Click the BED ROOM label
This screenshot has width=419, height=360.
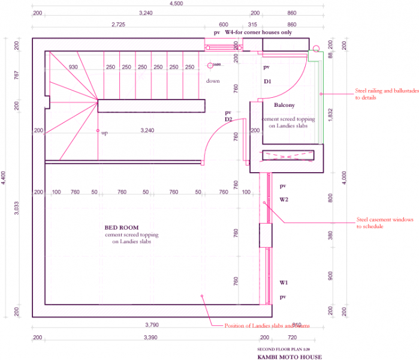122,227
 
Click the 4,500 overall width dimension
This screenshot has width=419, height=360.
176,4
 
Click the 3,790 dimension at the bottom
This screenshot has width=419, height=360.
152,325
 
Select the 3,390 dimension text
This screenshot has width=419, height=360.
152,338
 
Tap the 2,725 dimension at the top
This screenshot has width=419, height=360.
119,25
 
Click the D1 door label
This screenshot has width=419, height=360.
267,81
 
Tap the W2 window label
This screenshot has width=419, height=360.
284,200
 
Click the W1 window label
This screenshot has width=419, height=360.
284,281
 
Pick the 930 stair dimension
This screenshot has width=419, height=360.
73,67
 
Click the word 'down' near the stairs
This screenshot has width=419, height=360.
213,81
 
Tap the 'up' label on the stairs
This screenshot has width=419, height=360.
104,133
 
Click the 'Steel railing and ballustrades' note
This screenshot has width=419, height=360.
377,94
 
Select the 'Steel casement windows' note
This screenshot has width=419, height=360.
384,223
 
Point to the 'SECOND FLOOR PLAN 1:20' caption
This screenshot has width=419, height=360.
284,349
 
